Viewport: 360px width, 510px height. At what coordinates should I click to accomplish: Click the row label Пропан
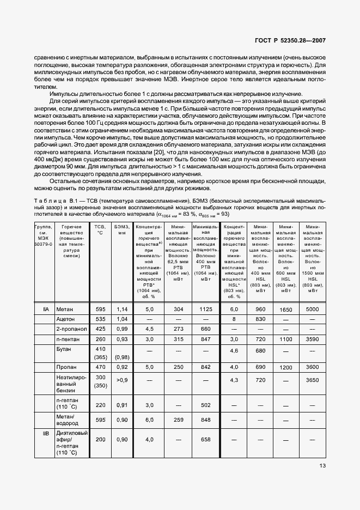point(65,367)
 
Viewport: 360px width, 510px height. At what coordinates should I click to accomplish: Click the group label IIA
point(46,309)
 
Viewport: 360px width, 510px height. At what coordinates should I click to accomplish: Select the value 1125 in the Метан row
point(205,309)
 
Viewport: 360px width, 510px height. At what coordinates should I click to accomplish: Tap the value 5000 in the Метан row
point(312,309)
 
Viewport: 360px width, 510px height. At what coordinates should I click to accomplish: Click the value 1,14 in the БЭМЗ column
point(121,309)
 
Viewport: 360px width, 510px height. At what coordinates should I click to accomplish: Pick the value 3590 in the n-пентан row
point(312,339)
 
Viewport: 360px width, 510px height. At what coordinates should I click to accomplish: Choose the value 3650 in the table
point(312,380)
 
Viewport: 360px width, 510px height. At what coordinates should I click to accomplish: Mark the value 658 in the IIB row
point(205,439)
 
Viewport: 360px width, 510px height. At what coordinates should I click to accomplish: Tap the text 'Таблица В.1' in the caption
point(53,202)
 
